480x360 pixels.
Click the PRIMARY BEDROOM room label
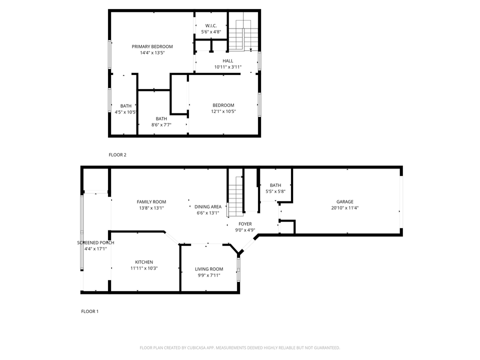coord(152,46)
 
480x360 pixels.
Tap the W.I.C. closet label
coord(210,25)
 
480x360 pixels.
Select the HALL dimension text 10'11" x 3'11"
coord(227,67)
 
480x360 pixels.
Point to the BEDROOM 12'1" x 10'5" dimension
coord(223,111)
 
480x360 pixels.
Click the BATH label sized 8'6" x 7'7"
coord(161,118)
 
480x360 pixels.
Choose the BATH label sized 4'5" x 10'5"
coord(125,105)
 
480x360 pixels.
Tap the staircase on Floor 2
coord(244,35)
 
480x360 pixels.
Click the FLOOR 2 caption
coord(117,155)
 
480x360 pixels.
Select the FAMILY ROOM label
coord(151,202)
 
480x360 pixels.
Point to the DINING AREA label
coord(208,206)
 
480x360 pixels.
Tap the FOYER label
coord(245,224)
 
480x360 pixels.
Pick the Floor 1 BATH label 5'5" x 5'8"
coord(275,185)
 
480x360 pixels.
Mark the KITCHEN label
coord(144,262)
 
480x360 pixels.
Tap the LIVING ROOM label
coord(209,269)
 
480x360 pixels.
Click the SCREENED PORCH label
coord(95,242)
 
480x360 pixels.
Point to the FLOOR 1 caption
coord(90,311)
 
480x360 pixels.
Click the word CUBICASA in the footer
coord(199,347)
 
